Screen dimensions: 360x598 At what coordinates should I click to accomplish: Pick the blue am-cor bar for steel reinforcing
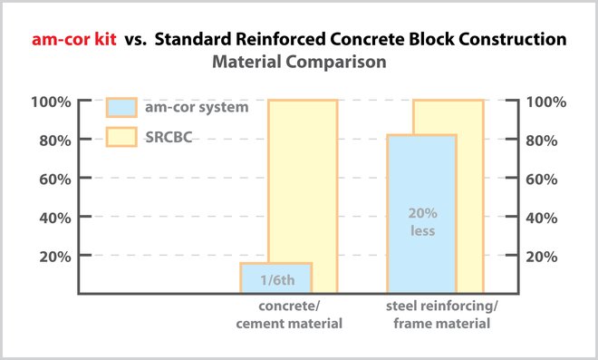421,213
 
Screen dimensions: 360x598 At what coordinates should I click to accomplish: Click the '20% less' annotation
421,222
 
